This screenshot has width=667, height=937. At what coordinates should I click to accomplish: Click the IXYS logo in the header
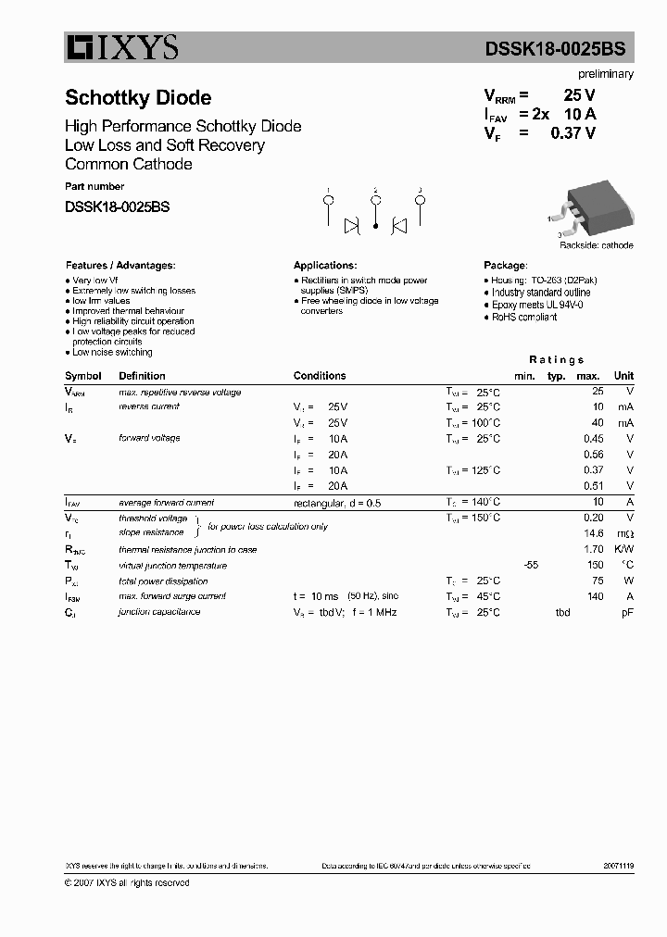point(121,47)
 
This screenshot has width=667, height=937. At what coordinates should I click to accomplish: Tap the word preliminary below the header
point(606,74)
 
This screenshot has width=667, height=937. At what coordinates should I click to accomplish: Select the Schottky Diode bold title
point(138,98)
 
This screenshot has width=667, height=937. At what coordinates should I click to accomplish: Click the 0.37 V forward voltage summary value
point(573,132)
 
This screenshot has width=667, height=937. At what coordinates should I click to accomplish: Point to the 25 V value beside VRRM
point(579,95)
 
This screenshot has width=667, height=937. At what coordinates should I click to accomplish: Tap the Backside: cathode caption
point(597,245)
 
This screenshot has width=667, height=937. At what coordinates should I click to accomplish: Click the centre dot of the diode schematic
point(375,225)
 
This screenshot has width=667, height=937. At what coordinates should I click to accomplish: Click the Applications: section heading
point(325,265)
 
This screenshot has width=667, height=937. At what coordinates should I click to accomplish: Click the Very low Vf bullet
point(94,280)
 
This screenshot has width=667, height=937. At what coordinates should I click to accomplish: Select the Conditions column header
point(320,376)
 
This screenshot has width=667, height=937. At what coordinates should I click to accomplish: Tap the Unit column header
point(623,376)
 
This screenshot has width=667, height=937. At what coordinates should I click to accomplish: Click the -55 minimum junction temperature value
point(531,565)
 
